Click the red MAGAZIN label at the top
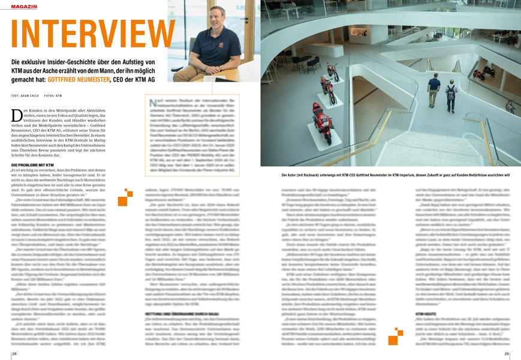(x=23, y=5)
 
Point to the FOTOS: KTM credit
(x=53, y=96)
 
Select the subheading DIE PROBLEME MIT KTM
(x=32, y=164)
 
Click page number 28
(x=14, y=354)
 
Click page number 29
(x=507, y=354)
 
